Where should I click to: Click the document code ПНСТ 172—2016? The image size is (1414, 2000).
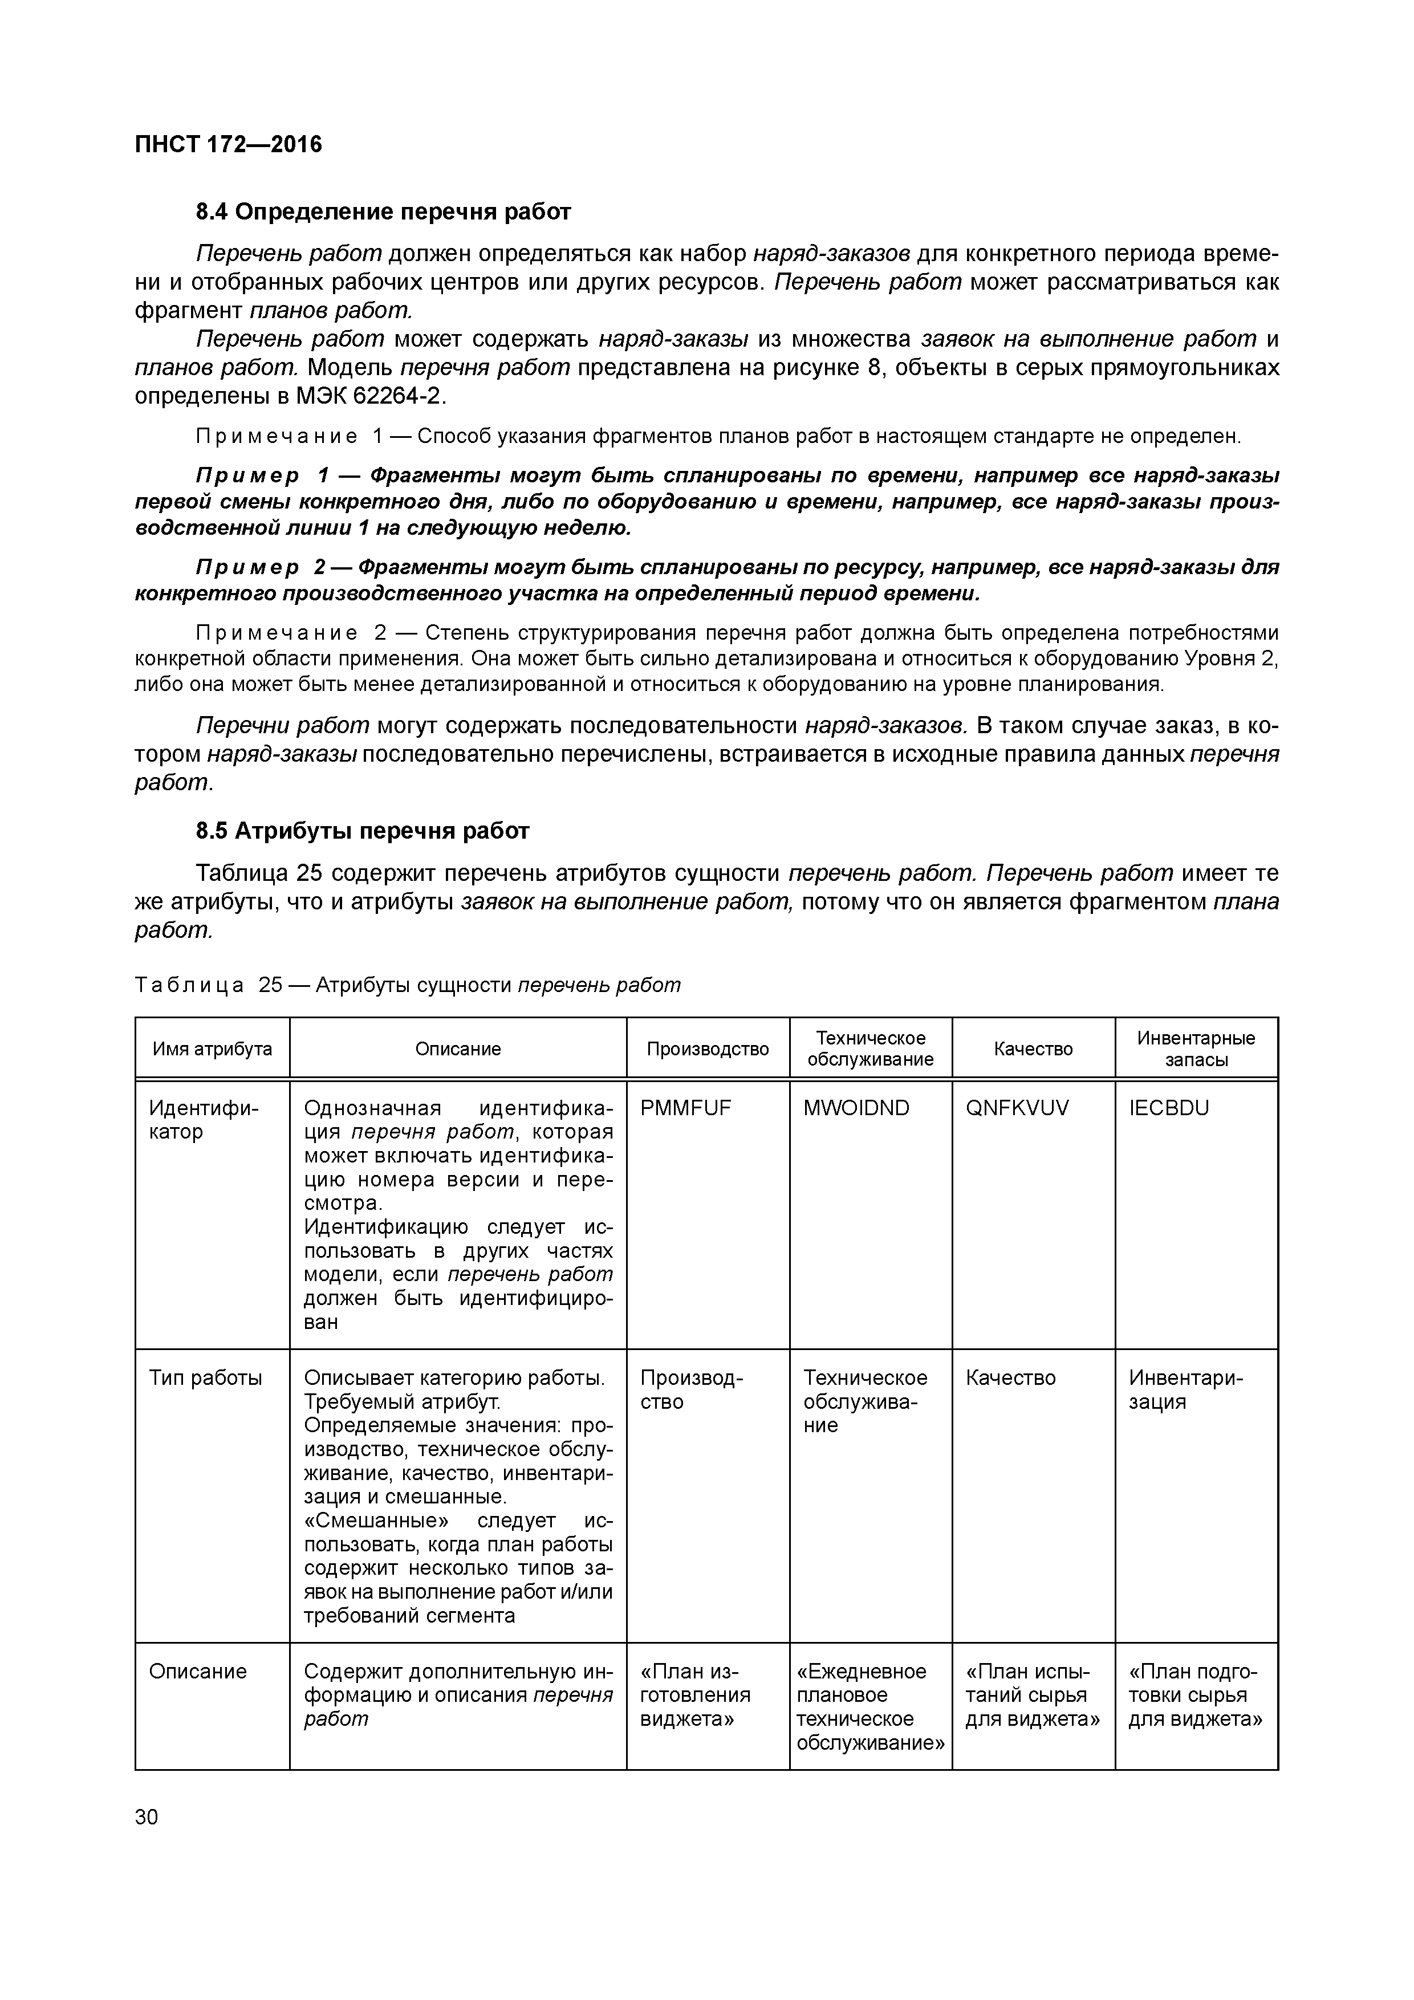[228, 145]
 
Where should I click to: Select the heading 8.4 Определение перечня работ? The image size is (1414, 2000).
[383, 212]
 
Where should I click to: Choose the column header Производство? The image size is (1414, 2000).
[708, 1049]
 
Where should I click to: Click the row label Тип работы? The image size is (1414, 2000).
[206, 1378]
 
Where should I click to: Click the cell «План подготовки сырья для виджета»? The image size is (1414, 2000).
[1195, 1695]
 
